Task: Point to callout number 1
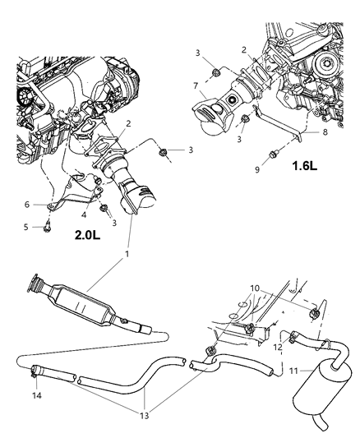(x=127, y=255)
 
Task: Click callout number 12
(x=255, y=348)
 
